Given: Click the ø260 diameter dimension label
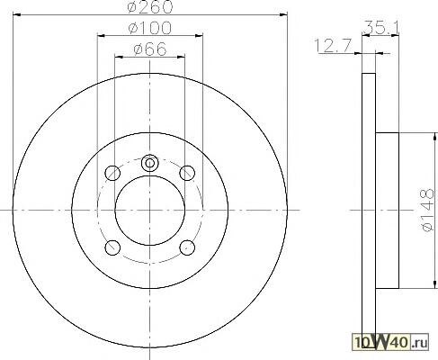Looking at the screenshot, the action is pyautogui.click(x=150, y=6).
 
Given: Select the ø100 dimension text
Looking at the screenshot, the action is pyautogui.click(x=150, y=28).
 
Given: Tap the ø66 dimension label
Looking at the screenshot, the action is pyautogui.click(x=150, y=49).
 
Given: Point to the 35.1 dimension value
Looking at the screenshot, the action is pyautogui.click(x=380, y=28).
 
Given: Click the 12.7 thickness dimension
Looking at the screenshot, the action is pyautogui.click(x=333, y=46).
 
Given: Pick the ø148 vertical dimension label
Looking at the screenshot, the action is pyautogui.click(x=427, y=210).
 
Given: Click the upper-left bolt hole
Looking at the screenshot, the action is pyautogui.click(x=112, y=173).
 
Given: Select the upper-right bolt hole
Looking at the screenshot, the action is pyautogui.click(x=187, y=173).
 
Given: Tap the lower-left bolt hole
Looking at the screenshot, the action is pyautogui.click(x=112, y=247).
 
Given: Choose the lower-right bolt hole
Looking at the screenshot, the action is pyautogui.click(x=187, y=247).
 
